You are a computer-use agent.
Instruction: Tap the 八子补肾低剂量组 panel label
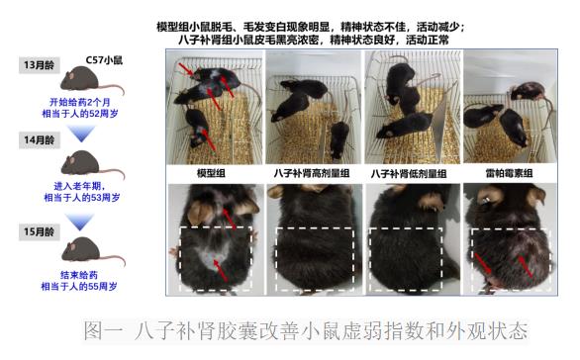(x=410, y=174)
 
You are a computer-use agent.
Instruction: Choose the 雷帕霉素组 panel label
(x=509, y=174)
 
